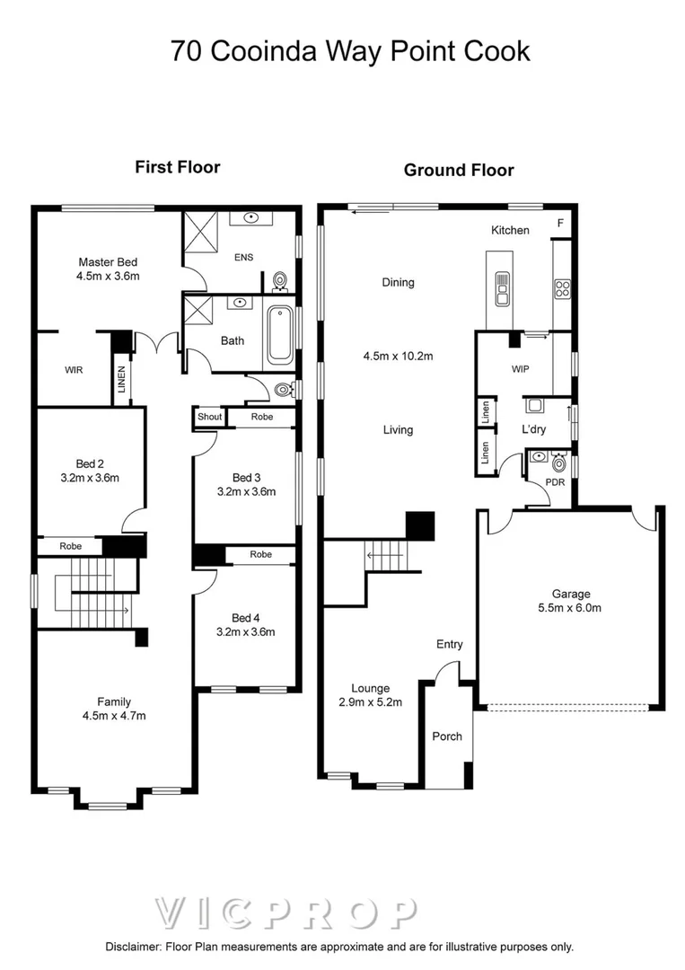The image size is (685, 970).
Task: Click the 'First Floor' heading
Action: point(177,166)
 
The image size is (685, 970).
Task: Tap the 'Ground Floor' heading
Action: point(458,170)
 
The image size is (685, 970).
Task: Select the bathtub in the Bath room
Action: point(279,336)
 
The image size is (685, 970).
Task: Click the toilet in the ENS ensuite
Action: point(279,281)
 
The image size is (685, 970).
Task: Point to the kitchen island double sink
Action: point(501,288)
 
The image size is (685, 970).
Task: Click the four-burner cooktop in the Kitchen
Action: point(564,288)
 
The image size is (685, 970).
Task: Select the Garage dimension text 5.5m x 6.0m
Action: point(570,608)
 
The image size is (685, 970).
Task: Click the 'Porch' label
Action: point(447,736)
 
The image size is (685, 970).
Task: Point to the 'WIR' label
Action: point(74,369)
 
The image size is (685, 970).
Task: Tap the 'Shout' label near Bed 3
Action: point(209,417)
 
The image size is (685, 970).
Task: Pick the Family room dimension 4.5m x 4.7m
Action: point(114,716)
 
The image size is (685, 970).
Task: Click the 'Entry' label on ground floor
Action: point(449,644)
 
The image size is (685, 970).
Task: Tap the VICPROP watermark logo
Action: point(285,913)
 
